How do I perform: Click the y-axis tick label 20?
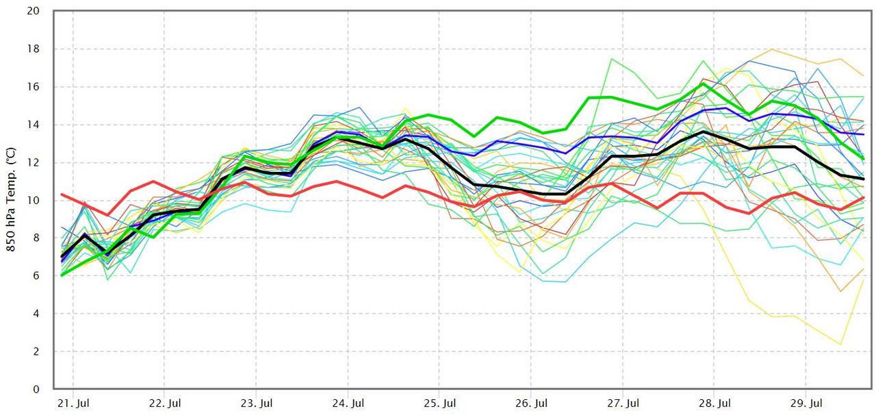click(34, 12)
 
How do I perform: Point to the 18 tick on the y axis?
click(34, 49)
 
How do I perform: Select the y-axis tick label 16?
click(34, 87)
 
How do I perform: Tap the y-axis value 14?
click(34, 125)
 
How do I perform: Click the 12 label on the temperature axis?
click(34, 163)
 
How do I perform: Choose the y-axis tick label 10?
click(34, 201)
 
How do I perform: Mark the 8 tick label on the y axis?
click(36, 238)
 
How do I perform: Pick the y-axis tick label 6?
click(36, 276)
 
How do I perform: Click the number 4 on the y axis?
click(36, 314)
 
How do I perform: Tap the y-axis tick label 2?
click(36, 351)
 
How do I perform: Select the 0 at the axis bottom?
click(36, 389)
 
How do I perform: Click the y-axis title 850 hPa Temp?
click(12, 198)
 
